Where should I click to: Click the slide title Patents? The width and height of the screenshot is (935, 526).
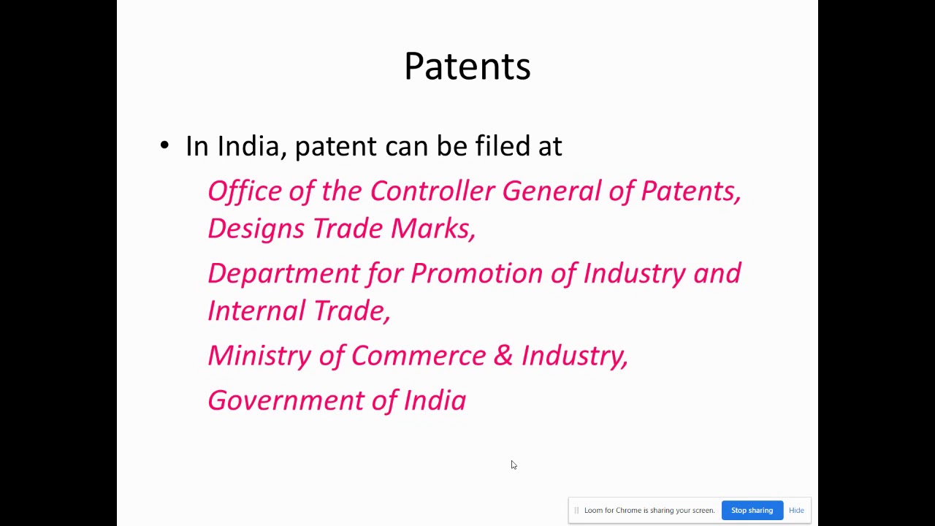467,66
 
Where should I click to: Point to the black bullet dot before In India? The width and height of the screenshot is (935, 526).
164,145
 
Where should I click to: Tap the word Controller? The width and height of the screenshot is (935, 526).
432,191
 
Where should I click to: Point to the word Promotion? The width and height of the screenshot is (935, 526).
476,273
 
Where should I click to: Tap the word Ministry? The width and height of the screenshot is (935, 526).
259,356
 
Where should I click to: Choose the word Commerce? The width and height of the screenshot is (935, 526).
418,356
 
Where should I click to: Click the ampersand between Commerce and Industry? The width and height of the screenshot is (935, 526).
503,356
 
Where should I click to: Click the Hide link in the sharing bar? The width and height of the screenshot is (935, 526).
796,511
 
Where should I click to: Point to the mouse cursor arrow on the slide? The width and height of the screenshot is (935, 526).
514,465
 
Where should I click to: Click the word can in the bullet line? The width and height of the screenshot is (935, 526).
406,146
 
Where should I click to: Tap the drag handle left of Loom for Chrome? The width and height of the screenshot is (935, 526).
576,511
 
